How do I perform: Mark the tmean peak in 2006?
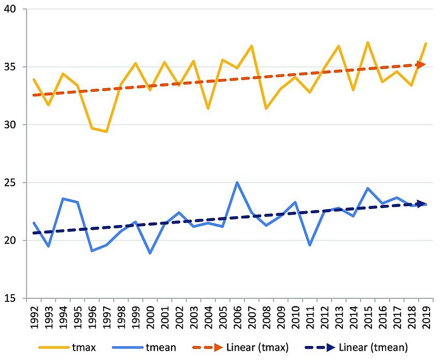click(x=237, y=183)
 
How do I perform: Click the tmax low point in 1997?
click(x=106, y=132)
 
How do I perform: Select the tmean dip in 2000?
click(x=150, y=253)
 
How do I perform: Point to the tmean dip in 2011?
click(x=310, y=245)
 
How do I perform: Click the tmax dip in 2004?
click(x=208, y=108)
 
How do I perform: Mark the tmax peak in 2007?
click(x=252, y=46)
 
